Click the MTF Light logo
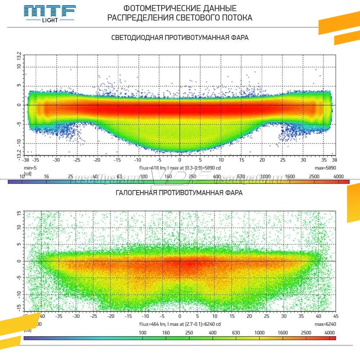click(x=50, y=14)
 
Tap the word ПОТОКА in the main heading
click(x=236, y=18)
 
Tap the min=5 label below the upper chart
click(x=30, y=168)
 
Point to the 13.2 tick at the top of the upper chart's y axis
click(x=19, y=57)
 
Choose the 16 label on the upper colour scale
click(x=46, y=176)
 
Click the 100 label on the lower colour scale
click(x=143, y=333)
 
